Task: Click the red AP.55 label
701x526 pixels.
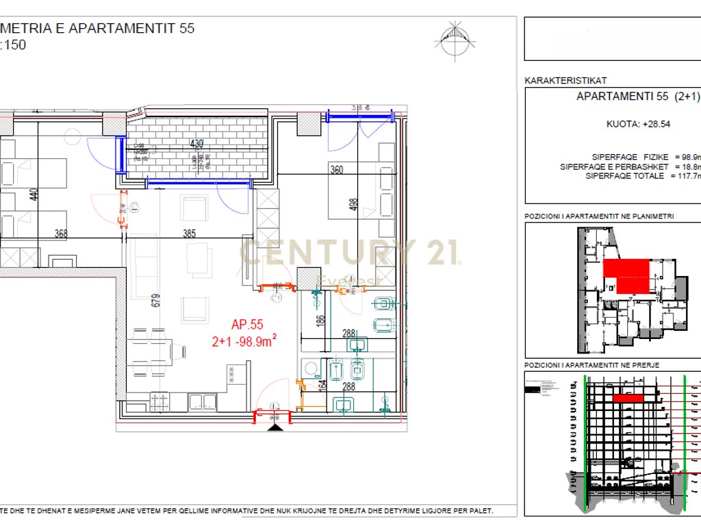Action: [247, 325]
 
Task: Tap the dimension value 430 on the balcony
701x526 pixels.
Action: [196, 144]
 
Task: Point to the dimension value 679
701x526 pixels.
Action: [156, 299]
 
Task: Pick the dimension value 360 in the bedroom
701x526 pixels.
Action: [336, 170]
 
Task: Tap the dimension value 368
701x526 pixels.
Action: [62, 234]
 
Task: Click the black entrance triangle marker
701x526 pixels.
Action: [275, 427]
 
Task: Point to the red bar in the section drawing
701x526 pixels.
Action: [628, 397]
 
